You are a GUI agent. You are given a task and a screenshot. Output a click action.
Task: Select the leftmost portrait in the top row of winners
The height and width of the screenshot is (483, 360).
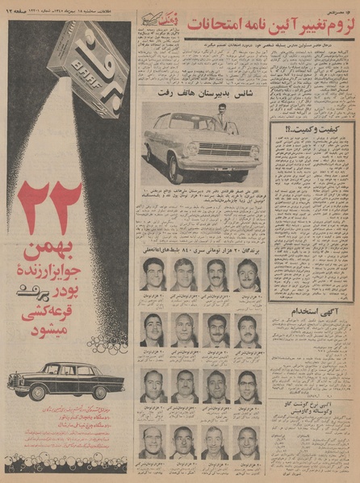(x=153, y=275)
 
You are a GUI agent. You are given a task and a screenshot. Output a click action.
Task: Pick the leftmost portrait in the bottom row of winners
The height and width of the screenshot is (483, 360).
(x=153, y=441)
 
